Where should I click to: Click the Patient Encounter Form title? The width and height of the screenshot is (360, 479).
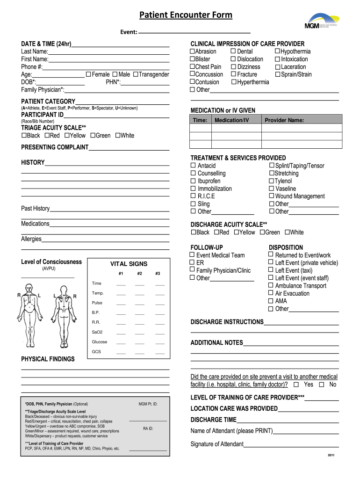pyautogui.click(x=186, y=15)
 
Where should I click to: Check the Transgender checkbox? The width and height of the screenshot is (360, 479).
pyautogui.click(x=136, y=74)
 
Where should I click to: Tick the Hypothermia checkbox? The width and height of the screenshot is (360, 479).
pyautogui.click(x=277, y=51)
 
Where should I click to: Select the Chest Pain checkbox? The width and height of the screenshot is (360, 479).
pyautogui.click(x=192, y=66)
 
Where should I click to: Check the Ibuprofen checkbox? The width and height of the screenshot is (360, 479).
pyautogui.click(x=193, y=181)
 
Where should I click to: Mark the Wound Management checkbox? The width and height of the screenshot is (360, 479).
pyautogui.click(x=271, y=196)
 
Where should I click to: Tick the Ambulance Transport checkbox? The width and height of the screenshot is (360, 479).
pyautogui.click(x=271, y=285)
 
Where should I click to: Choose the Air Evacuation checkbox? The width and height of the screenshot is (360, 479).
pyautogui.click(x=271, y=293)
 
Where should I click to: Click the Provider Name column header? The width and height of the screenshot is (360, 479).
pyautogui.click(x=284, y=120)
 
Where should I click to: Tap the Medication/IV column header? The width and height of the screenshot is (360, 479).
pyautogui.click(x=232, y=120)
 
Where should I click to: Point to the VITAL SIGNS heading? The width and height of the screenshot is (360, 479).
pyautogui.click(x=129, y=264)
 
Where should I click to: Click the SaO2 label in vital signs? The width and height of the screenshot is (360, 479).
pyautogui.click(x=97, y=332)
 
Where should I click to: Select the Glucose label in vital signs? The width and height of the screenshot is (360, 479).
pyautogui.click(x=100, y=342)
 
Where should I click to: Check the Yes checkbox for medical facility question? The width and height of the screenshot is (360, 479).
pyautogui.click(x=295, y=385)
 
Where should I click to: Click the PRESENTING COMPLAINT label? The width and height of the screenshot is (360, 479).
pyautogui.click(x=55, y=147)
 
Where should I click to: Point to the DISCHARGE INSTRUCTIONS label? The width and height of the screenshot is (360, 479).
pyautogui.click(x=227, y=322)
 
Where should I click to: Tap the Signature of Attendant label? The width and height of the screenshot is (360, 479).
pyautogui.click(x=217, y=444)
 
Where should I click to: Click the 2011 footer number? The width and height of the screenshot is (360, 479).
pyautogui.click(x=331, y=456)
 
